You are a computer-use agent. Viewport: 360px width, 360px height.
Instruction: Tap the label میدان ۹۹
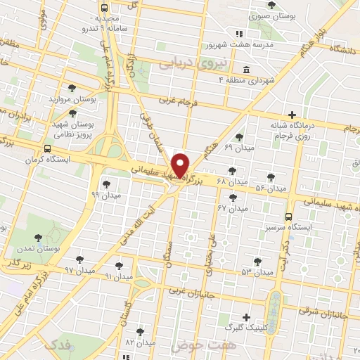[x=106, y=194]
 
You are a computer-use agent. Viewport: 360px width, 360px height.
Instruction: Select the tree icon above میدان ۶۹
[x=240, y=136]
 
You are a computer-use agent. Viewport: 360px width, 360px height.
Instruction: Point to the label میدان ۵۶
[x=271, y=188]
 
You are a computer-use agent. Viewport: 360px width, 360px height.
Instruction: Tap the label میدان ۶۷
[x=232, y=209]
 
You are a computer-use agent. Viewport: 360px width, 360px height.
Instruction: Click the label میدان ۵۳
[x=257, y=271]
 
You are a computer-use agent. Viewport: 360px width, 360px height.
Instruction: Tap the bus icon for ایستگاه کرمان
[x=47, y=148]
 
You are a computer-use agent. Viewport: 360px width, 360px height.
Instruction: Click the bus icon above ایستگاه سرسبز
[x=288, y=217]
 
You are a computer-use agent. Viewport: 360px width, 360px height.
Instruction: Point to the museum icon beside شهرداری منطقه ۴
[x=245, y=70]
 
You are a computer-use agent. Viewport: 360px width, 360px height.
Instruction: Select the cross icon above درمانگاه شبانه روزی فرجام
[x=292, y=115]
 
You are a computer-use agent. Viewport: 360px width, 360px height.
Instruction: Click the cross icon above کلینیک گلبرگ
[x=245, y=318]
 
